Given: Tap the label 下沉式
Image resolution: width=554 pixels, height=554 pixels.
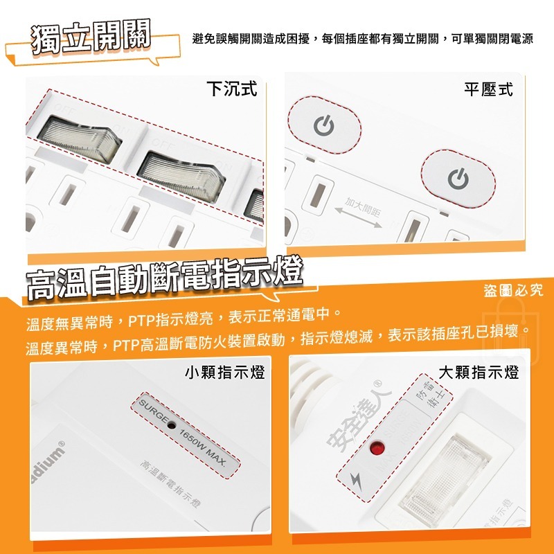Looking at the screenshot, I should point(231,89).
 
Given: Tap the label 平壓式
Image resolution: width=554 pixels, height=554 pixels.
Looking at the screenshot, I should point(488,89).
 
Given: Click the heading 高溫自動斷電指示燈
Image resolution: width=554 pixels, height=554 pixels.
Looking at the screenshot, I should point(164,277).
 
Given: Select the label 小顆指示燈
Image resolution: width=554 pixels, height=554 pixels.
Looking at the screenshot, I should point(225,373).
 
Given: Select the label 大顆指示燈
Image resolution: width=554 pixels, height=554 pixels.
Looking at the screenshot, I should point(479,373).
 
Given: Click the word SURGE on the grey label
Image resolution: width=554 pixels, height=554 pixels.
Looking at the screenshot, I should point(152,413).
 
